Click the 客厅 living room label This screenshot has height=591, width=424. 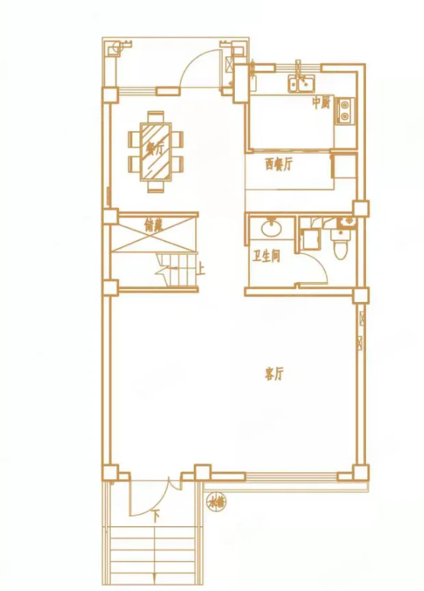tap(274, 374)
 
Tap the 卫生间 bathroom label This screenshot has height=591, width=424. tap(266, 256)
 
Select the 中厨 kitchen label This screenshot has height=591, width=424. tap(321, 103)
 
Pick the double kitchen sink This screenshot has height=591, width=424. tap(302, 82)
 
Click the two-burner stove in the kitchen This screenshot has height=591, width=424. tap(345, 111)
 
